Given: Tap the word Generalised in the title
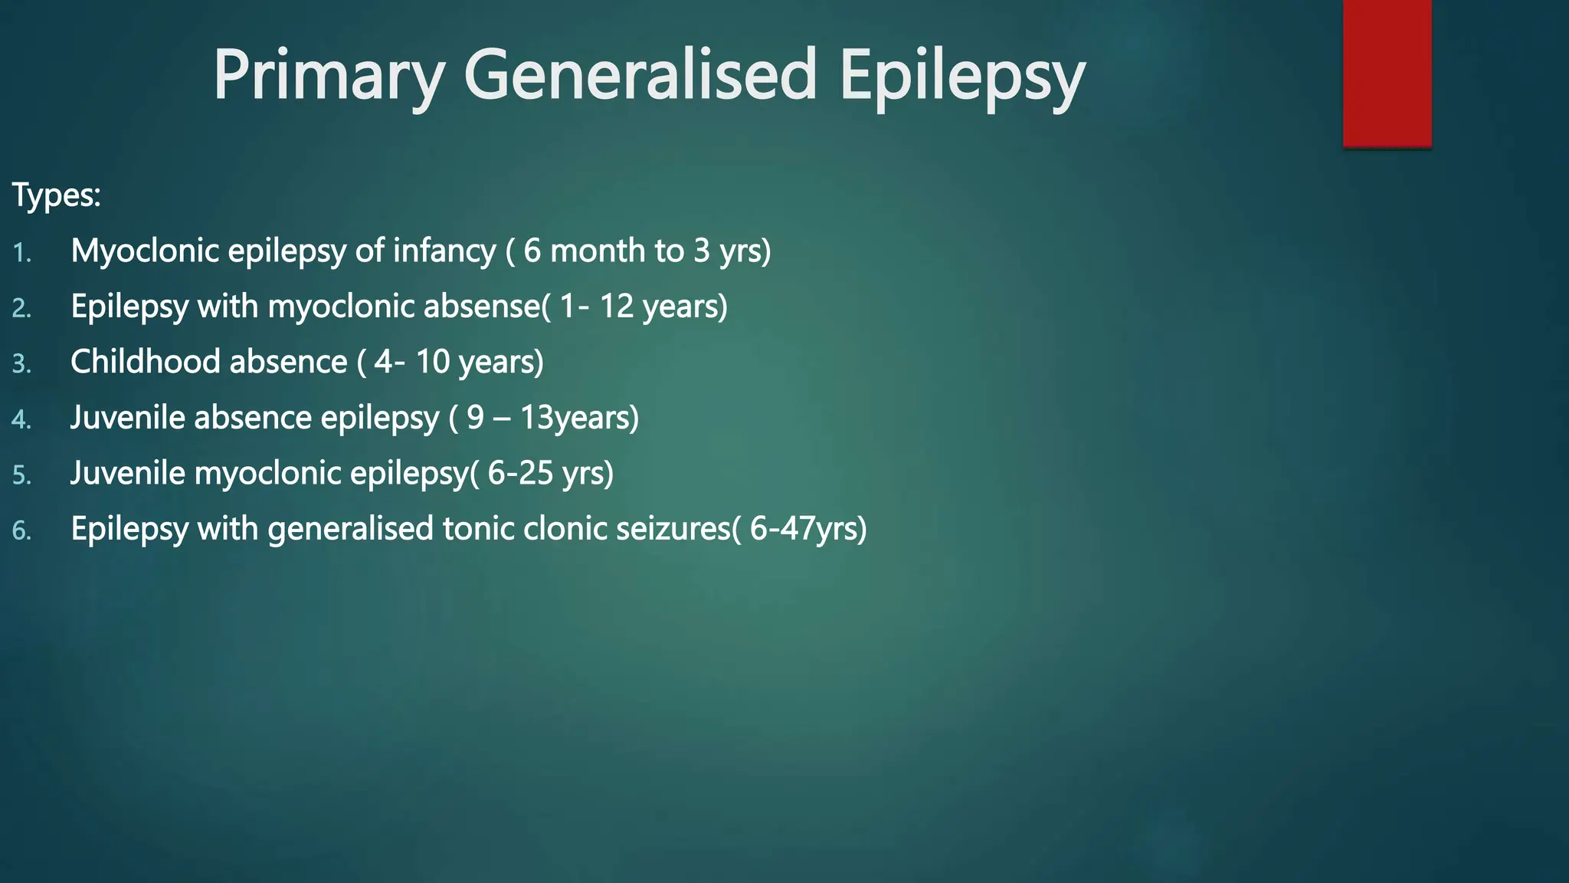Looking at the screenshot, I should pos(640,75).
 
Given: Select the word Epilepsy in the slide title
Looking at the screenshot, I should pos(961,75).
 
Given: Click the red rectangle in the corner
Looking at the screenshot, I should pos(1387,73).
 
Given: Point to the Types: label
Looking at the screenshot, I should pos(56,195).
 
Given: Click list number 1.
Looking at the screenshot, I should pos(21,253).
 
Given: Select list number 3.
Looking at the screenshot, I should pos(21,364).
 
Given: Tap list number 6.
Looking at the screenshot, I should pos(21,530).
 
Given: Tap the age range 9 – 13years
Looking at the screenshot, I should pos(552,418).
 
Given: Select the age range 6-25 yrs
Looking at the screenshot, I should pos(549,473).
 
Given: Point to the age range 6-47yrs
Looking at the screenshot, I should pos(806,529).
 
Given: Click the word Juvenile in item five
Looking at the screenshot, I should pos(127,473).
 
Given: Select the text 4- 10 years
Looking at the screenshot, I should pos(457,362).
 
